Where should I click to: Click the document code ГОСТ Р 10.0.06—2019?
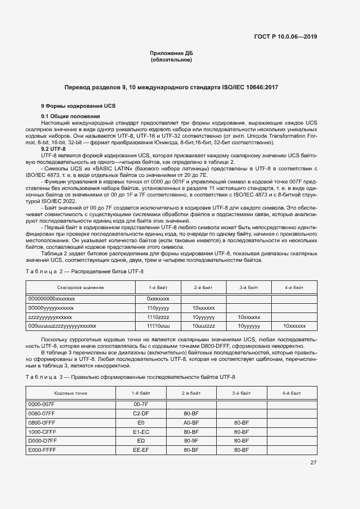285,37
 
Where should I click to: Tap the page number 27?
313,463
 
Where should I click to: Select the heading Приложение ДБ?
171,53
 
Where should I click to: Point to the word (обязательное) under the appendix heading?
171,60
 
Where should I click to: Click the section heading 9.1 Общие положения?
70,116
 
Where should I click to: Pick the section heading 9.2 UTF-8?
53,149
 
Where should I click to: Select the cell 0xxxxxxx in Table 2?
158,299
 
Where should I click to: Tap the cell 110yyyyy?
158,308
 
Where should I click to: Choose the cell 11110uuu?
158,326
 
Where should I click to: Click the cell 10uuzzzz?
203,326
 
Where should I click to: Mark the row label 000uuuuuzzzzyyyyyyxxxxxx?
62,326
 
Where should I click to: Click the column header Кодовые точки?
70,393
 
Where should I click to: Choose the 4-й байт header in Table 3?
291,393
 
